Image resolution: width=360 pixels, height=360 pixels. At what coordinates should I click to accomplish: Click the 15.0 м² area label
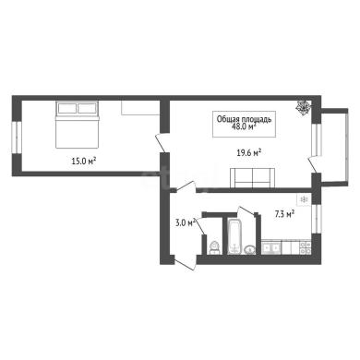[x=84, y=161]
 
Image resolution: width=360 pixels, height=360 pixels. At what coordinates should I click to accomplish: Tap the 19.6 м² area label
[x=249, y=152]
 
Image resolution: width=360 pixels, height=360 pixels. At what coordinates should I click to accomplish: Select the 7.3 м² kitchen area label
[x=284, y=214]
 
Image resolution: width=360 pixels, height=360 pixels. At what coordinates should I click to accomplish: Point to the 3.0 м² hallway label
[x=186, y=222]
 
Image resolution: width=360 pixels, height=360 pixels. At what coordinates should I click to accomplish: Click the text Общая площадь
[x=244, y=119]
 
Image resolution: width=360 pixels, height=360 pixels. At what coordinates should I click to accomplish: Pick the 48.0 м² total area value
[x=245, y=126]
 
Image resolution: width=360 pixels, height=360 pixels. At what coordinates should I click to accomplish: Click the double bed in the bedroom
[x=77, y=125]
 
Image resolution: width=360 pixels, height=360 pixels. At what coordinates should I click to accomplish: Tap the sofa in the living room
[x=252, y=178]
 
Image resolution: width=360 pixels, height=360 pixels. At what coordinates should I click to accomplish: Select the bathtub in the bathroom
[x=235, y=236]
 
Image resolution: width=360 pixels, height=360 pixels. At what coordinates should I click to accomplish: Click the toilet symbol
[x=213, y=248]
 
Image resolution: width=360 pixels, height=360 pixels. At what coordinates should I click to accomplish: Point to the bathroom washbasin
[x=250, y=250]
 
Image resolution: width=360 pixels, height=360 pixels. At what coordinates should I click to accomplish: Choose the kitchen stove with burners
[x=305, y=247]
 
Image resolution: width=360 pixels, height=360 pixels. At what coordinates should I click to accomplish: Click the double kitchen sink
[x=270, y=247]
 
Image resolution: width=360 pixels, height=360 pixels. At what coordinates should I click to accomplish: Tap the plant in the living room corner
[x=303, y=107]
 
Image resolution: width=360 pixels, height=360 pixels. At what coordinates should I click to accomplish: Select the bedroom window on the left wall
[x=17, y=138]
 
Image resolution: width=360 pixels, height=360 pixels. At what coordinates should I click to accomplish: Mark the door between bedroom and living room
[x=162, y=143]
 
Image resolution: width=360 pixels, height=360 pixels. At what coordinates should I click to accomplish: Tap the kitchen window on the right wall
[x=316, y=219]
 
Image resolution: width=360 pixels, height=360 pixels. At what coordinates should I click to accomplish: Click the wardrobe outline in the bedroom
[x=140, y=107]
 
